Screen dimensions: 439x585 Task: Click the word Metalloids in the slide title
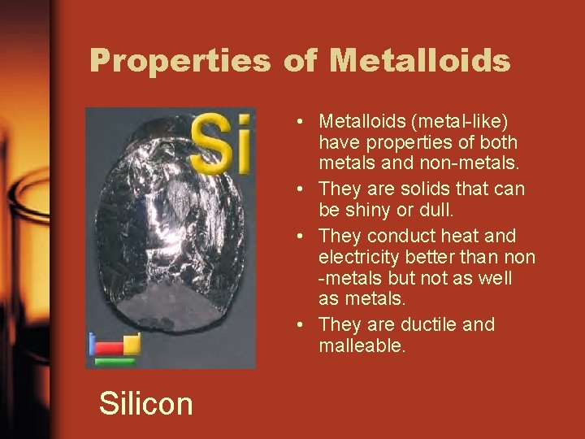click(420, 61)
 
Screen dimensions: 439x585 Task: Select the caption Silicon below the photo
click(146, 402)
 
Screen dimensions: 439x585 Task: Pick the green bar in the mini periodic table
click(114, 362)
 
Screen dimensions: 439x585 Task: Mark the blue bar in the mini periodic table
click(92, 345)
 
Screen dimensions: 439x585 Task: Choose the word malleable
click(362, 346)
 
